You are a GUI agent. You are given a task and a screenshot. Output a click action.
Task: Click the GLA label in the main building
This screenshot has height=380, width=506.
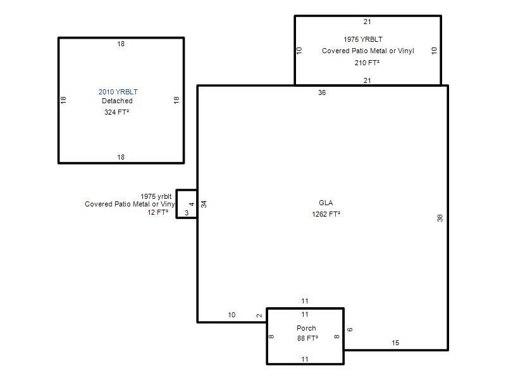click(326, 203)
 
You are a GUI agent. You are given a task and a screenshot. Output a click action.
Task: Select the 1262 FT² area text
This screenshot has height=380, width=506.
click(326, 214)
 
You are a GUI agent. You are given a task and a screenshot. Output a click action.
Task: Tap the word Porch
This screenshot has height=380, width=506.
click(306, 328)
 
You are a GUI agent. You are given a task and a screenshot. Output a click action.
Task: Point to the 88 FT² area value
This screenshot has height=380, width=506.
click(307, 338)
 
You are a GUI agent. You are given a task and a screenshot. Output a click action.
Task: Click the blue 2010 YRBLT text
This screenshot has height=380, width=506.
click(118, 92)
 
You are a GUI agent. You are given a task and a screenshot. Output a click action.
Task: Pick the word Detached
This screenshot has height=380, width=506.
click(117, 101)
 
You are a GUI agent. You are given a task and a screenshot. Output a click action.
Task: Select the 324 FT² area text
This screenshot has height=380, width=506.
click(116, 112)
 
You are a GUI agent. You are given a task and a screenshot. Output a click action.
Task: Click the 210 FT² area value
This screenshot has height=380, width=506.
click(367, 63)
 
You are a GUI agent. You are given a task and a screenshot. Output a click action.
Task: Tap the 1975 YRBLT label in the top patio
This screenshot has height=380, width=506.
click(363, 39)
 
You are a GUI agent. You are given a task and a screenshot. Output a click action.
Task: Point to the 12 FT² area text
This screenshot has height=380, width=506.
click(157, 212)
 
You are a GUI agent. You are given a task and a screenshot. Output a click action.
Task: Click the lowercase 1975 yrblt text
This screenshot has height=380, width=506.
click(156, 196)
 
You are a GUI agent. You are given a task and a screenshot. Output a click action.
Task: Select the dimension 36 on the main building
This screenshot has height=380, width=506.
click(322, 92)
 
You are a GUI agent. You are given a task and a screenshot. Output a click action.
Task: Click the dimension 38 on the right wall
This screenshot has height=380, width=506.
click(440, 218)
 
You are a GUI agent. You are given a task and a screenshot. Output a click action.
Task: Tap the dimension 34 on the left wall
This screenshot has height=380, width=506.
click(204, 204)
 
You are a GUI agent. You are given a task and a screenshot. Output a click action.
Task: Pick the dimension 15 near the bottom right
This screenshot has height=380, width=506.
click(395, 343)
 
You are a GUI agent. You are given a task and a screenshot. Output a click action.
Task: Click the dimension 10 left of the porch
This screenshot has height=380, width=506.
click(231, 315)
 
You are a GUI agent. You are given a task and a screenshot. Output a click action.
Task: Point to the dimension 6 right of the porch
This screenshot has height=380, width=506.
click(350, 329)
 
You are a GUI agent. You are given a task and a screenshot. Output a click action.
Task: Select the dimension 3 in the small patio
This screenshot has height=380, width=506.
click(187, 213)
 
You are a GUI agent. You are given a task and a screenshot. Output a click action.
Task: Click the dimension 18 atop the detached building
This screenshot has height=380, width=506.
click(121, 44)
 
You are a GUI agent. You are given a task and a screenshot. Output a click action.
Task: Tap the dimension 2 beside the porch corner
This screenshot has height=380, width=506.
click(259, 315)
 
